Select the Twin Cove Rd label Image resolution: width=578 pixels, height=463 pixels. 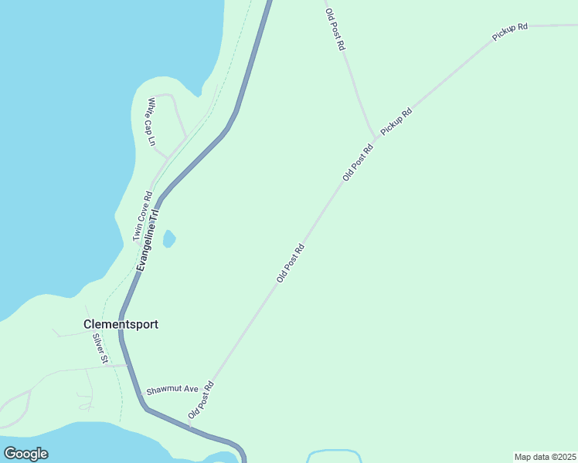141,217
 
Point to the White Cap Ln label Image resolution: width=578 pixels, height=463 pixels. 151,122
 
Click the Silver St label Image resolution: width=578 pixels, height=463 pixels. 100,349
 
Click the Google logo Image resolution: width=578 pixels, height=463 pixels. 26,454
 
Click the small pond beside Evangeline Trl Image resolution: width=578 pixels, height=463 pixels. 168,239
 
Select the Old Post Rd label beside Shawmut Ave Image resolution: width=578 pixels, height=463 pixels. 201,400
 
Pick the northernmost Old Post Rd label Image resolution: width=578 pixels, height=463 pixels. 335,29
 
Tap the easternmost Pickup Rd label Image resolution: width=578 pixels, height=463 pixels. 510,32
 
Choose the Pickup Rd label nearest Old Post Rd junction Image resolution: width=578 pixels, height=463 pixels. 396,122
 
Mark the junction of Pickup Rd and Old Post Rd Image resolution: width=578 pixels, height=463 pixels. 376,139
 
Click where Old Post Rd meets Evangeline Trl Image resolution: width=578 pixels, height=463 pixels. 190,426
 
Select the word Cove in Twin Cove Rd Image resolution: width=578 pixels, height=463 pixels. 141,218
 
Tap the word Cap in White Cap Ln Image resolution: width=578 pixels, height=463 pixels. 151,123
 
